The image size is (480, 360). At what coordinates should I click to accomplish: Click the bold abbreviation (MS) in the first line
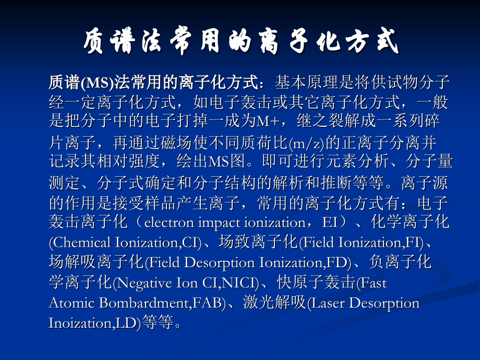tap(94, 82)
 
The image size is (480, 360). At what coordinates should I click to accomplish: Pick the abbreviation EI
tap(330, 223)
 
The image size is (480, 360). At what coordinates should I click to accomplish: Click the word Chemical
tap(81, 243)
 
